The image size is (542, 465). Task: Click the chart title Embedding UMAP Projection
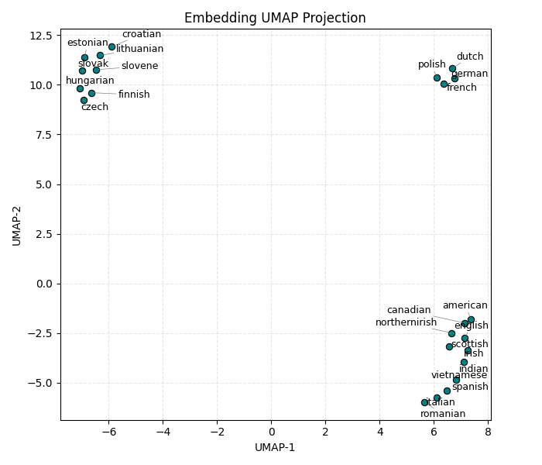tap(275, 18)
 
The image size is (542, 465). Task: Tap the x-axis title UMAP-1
tap(275, 447)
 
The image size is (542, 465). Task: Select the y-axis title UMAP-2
tap(17, 224)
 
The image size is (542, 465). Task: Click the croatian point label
tap(142, 34)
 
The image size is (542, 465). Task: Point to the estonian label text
tap(87, 43)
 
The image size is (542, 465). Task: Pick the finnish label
tap(134, 95)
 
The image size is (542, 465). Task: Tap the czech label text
tap(94, 107)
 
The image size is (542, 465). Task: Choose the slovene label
tap(139, 66)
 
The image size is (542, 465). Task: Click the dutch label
tap(470, 57)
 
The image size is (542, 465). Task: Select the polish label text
tap(432, 64)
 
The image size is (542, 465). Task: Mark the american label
tap(465, 305)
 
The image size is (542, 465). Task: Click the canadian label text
tap(409, 310)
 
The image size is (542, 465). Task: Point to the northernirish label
tap(406, 322)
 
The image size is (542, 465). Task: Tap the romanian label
tap(443, 414)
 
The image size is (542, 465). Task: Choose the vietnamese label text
tap(459, 375)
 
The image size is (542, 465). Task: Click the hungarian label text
tap(90, 81)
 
